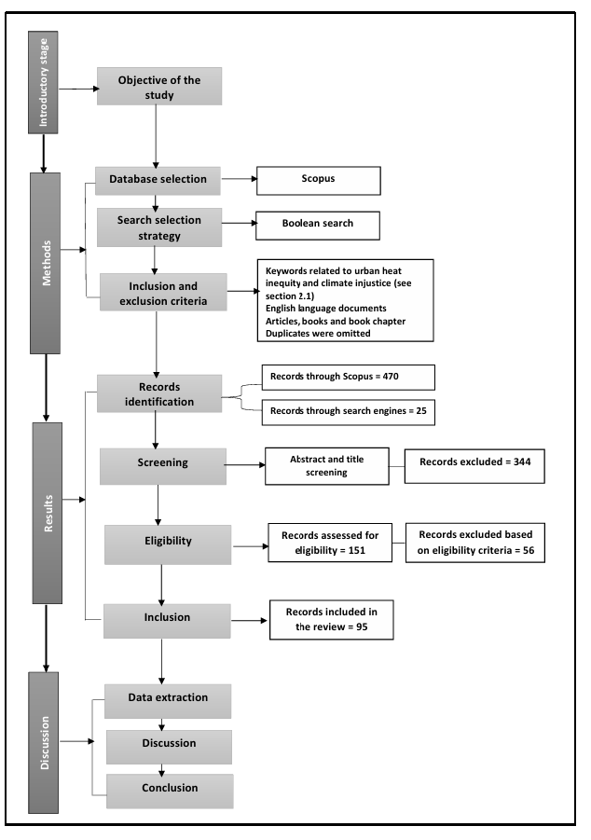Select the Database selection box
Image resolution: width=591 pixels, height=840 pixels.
click(158, 180)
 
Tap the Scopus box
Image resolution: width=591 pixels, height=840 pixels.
click(319, 181)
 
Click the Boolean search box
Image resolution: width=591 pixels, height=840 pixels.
click(317, 225)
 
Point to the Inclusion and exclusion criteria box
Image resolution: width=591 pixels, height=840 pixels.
click(162, 291)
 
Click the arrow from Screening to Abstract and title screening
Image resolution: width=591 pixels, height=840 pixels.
click(245, 464)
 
